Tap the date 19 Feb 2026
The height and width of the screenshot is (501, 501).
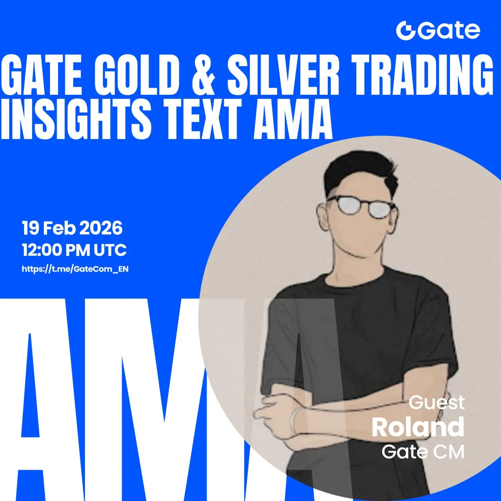coord(72,229)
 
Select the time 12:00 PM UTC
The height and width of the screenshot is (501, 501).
coord(74,250)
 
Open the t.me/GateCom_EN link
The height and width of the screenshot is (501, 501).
coord(75,269)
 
